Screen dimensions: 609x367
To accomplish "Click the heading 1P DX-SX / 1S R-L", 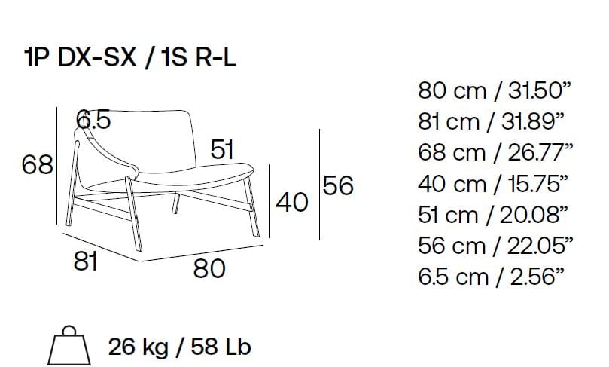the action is point(129,58).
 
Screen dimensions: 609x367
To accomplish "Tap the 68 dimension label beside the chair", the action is point(38,164).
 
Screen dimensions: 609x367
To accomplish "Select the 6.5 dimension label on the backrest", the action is point(93,119).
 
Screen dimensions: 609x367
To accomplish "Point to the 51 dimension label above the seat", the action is point(222,149).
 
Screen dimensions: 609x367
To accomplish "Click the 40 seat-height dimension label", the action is point(292,202).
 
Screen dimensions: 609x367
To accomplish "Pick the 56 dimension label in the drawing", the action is point(338,185).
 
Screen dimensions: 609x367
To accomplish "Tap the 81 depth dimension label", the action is point(86,261).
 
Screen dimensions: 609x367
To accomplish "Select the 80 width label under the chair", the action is point(209,268).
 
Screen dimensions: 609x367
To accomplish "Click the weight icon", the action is point(69,345).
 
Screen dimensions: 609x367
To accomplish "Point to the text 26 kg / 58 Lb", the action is point(179,347).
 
